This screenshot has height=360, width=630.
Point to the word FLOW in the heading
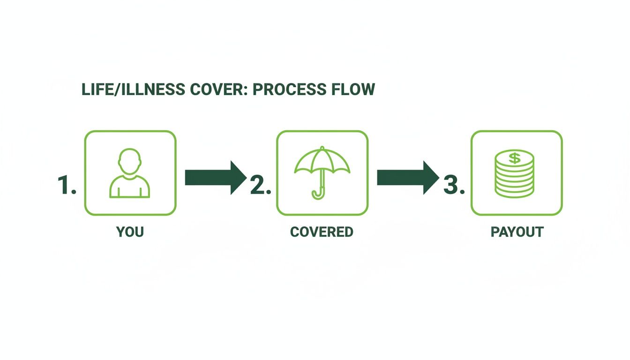(357, 90)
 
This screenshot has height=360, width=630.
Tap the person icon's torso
(130, 187)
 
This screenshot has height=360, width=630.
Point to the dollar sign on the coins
(515, 158)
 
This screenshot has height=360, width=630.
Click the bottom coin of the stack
(515, 192)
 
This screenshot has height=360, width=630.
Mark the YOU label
(130, 232)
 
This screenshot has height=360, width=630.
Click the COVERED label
(322, 232)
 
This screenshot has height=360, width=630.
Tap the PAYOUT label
(517, 232)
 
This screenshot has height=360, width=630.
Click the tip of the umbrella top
(322, 148)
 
